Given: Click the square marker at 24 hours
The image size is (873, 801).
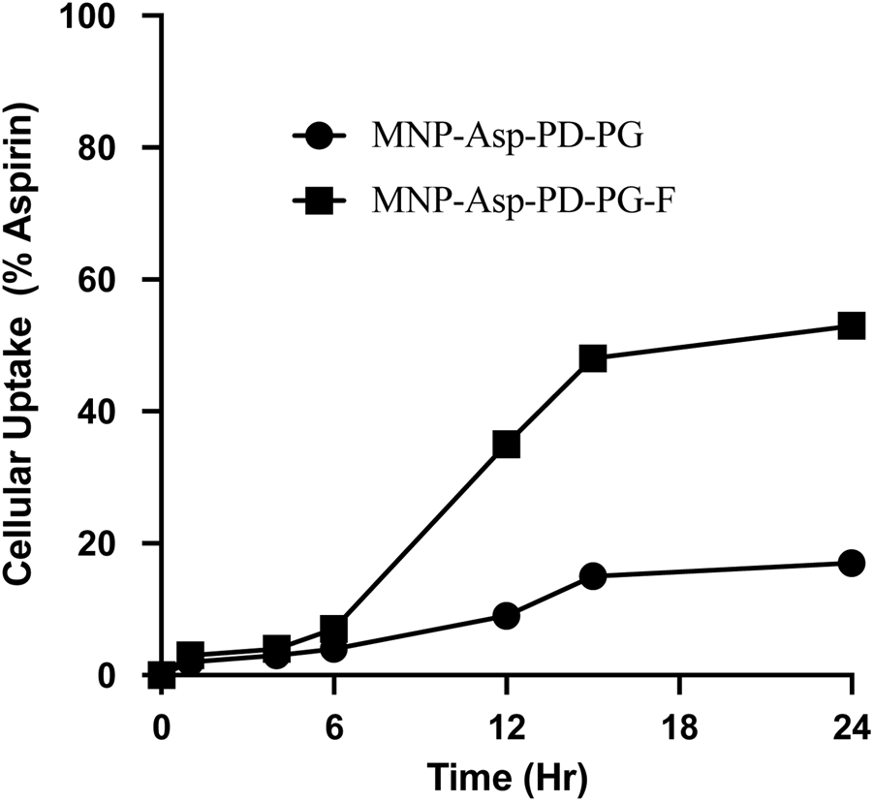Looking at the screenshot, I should coord(851,325).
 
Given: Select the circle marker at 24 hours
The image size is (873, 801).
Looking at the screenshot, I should coord(851,563).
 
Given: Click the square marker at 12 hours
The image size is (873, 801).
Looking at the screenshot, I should coord(507,445).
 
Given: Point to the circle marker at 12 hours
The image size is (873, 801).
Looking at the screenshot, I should coord(507,615).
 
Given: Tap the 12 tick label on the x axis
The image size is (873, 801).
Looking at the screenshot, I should coord(507,725).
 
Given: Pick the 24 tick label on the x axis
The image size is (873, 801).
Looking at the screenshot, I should coord(851,725).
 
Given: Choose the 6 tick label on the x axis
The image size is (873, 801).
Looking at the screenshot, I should coord(334,725).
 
